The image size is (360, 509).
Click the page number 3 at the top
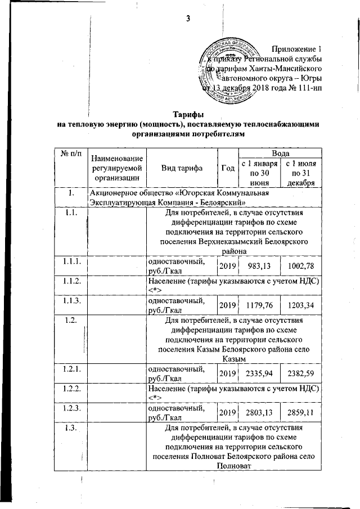pyautogui.click(x=188, y=19)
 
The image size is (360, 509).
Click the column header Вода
pyautogui.click(x=280, y=154)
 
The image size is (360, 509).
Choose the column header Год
pyautogui.click(x=228, y=168)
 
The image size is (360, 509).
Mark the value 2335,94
pyautogui.click(x=257, y=372)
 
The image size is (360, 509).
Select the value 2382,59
pyautogui.click(x=300, y=372)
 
